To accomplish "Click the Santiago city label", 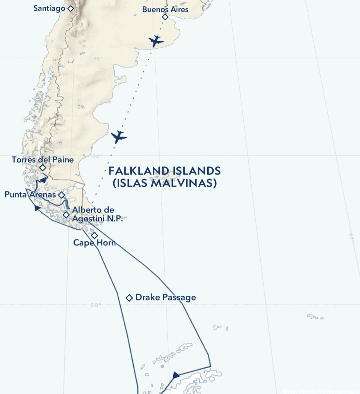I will click(49, 8).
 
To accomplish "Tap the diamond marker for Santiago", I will click(70, 8).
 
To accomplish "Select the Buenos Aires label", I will click(165, 9).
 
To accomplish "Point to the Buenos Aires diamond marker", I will click(165, 17).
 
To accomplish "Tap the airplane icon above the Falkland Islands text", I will click(119, 137).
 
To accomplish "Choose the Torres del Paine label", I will click(43, 160).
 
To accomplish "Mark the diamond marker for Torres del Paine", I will click(43, 167).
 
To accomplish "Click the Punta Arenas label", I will click(30, 194).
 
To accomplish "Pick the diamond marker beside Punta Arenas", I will click(62, 195).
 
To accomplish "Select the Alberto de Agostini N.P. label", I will click(97, 214).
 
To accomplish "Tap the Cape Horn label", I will click(94, 243).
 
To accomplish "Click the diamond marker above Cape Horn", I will click(94, 236).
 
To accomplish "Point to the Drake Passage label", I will click(165, 298).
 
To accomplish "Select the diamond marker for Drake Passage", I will click(129, 298).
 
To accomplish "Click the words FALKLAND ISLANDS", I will click(164, 171).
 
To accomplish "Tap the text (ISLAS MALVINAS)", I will click(164, 183).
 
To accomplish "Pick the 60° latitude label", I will click(96, 305).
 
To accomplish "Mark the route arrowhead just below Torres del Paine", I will click(43, 180).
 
